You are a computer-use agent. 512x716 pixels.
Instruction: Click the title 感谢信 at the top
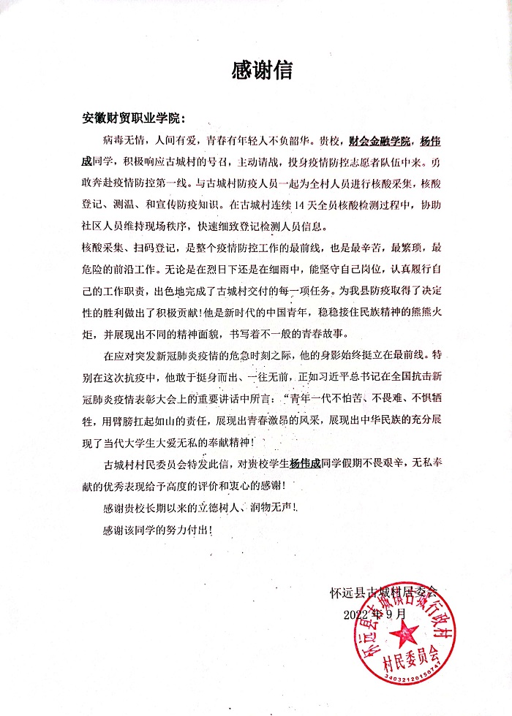coord(261,70)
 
